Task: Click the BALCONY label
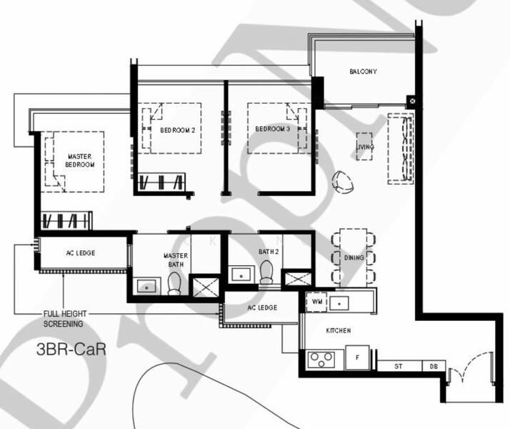(x=363, y=72)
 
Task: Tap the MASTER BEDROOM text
(x=80, y=160)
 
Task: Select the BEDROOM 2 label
(x=177, y=130)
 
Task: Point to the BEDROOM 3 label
(x=273, y=129)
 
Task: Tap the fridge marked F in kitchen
(x=356, y=357)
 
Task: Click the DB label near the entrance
(x=434, y=367)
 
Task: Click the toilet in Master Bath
(x=174, y=284)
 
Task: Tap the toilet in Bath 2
(x=266, y=271)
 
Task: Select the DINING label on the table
(x=354, y=257)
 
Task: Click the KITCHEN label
(x=338, y=331)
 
